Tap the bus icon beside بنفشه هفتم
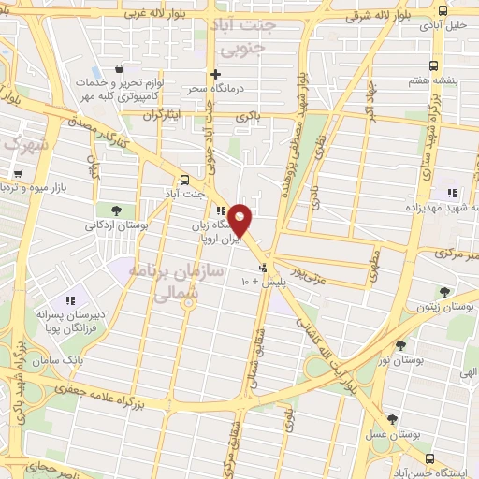click(432, 65)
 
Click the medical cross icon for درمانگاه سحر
click(216, 74)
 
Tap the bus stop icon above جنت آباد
click(183, 180)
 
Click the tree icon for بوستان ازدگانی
click(116, 210)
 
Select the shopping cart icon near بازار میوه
click(18, 174)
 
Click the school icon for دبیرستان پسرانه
click(68, 301)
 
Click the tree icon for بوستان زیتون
click(443, 292)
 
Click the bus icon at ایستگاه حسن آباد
click(429, 458)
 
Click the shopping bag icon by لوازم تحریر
click(119, 69)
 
